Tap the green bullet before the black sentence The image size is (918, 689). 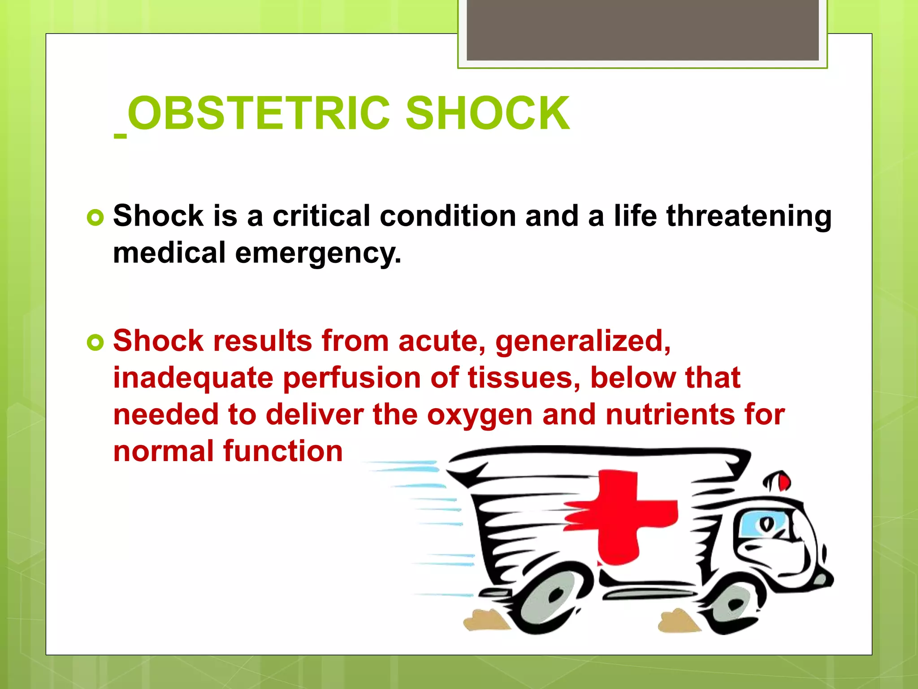click(x=95, y=218)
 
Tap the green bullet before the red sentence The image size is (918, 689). click(x=95, y=343)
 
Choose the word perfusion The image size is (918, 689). click(x=351, y=379)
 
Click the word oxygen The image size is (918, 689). click(x=479, y=415)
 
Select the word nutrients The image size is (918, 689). click(x=670, y=414)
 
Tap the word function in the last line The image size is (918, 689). click(x=283, y=451)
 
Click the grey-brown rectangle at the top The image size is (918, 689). click(x=642, y=30)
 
